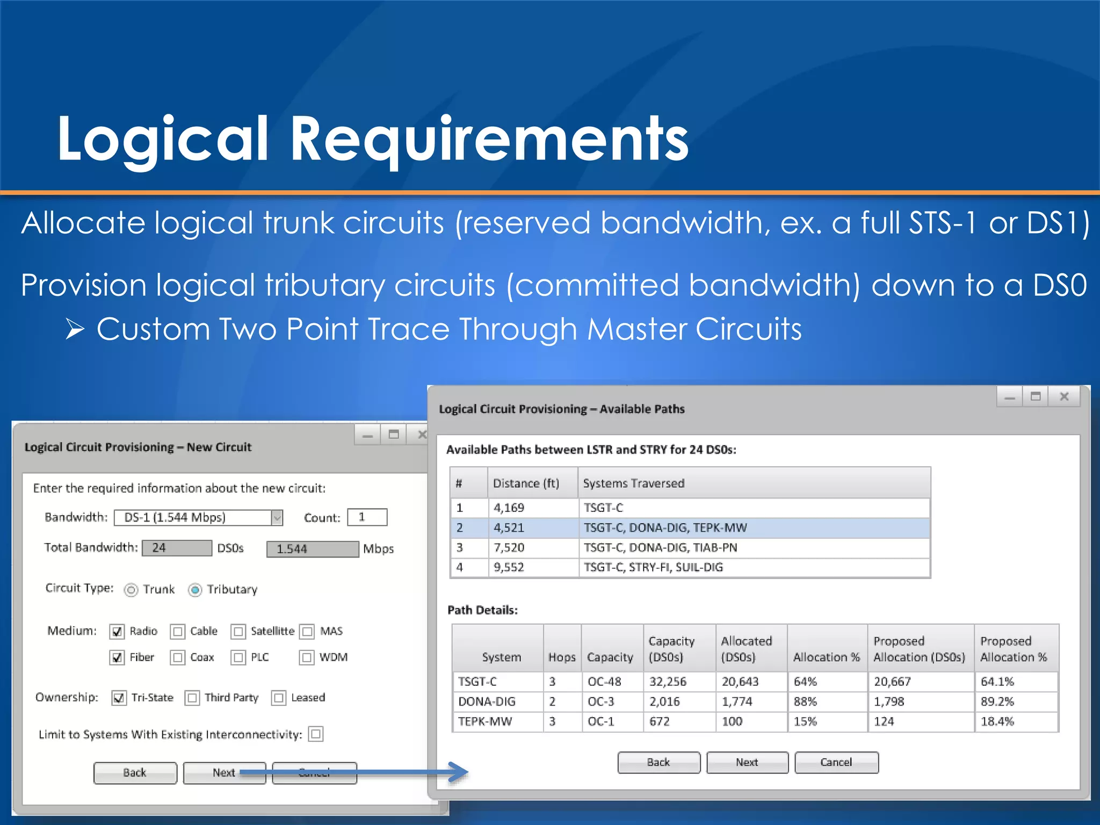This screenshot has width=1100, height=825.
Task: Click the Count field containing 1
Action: tap(367, 517)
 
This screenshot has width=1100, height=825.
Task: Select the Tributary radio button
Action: tap(195, 590)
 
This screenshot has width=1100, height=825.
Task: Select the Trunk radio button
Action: tap(131, 590)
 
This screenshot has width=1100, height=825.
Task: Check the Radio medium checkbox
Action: tap(117, 632)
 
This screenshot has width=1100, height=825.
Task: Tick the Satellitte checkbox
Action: tap(238, 632)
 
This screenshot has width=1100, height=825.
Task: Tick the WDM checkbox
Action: tap(307, 657)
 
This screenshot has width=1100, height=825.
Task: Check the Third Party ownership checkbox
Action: tap(192, 698)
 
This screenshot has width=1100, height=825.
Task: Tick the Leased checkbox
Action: tap(279, 698)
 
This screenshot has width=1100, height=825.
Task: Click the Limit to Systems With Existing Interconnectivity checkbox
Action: tap(316, 734)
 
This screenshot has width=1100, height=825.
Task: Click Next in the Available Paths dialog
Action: tap(747, 762)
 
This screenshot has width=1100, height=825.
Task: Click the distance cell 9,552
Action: tap(509, 567)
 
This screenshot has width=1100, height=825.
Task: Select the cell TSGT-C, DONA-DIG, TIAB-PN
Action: tap(660, 547)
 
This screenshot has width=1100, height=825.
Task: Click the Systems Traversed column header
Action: tap(634, 483)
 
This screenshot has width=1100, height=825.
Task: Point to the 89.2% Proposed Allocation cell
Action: tap(997, 701)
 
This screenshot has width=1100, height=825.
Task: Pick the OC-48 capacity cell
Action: tap(604, 682)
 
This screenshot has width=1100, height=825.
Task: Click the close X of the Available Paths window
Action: tap(1064, 397)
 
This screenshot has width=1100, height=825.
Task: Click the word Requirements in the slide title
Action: tap(489, 139)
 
